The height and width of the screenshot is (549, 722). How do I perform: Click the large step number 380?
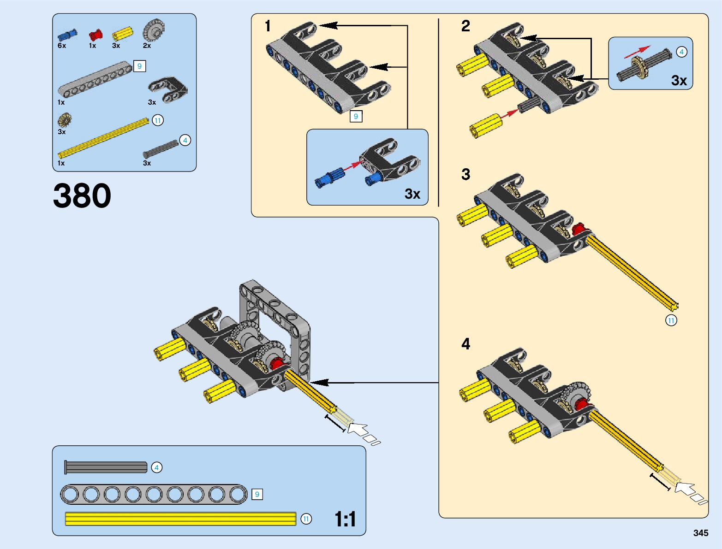point(82,195)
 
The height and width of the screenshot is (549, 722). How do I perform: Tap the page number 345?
point(701,533)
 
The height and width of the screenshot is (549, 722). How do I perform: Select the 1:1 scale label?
point(345,519)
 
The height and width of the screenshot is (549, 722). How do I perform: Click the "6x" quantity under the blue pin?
point(62,46)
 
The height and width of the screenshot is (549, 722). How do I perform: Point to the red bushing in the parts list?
point(95,35)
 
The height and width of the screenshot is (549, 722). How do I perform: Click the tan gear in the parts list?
point(65,120)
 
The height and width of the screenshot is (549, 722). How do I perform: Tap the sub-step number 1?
point(268,26)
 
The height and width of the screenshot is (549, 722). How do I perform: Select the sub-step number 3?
point(466,174)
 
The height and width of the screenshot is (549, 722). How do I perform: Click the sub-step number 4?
point(466,344)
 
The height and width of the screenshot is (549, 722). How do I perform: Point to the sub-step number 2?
point(466,26)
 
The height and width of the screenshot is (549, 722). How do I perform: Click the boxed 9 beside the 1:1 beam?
point(257,494)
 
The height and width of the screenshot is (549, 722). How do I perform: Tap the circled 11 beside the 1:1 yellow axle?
point(306,519)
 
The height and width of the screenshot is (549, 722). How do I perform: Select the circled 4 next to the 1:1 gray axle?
point(156,467)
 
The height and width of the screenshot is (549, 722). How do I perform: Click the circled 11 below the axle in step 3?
point(671,320)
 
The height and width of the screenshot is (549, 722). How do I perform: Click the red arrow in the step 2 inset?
point(638,52)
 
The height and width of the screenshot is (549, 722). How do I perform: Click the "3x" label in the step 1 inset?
point(412,194)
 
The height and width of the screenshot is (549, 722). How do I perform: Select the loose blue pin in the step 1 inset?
point(329,178)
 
